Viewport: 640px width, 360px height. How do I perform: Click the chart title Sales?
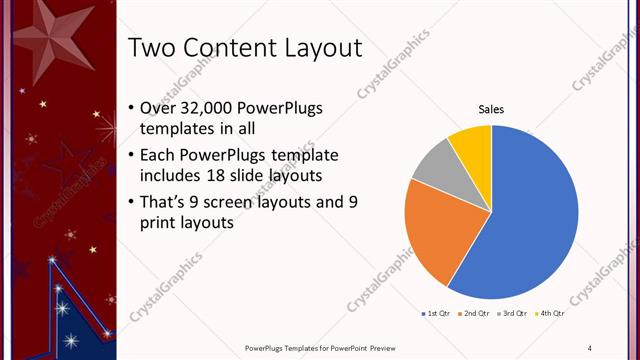click(x=491, y=109)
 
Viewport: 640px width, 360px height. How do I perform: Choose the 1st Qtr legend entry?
click(x=438, y=314)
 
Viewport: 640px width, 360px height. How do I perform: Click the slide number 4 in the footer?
click(x=590, y=347)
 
